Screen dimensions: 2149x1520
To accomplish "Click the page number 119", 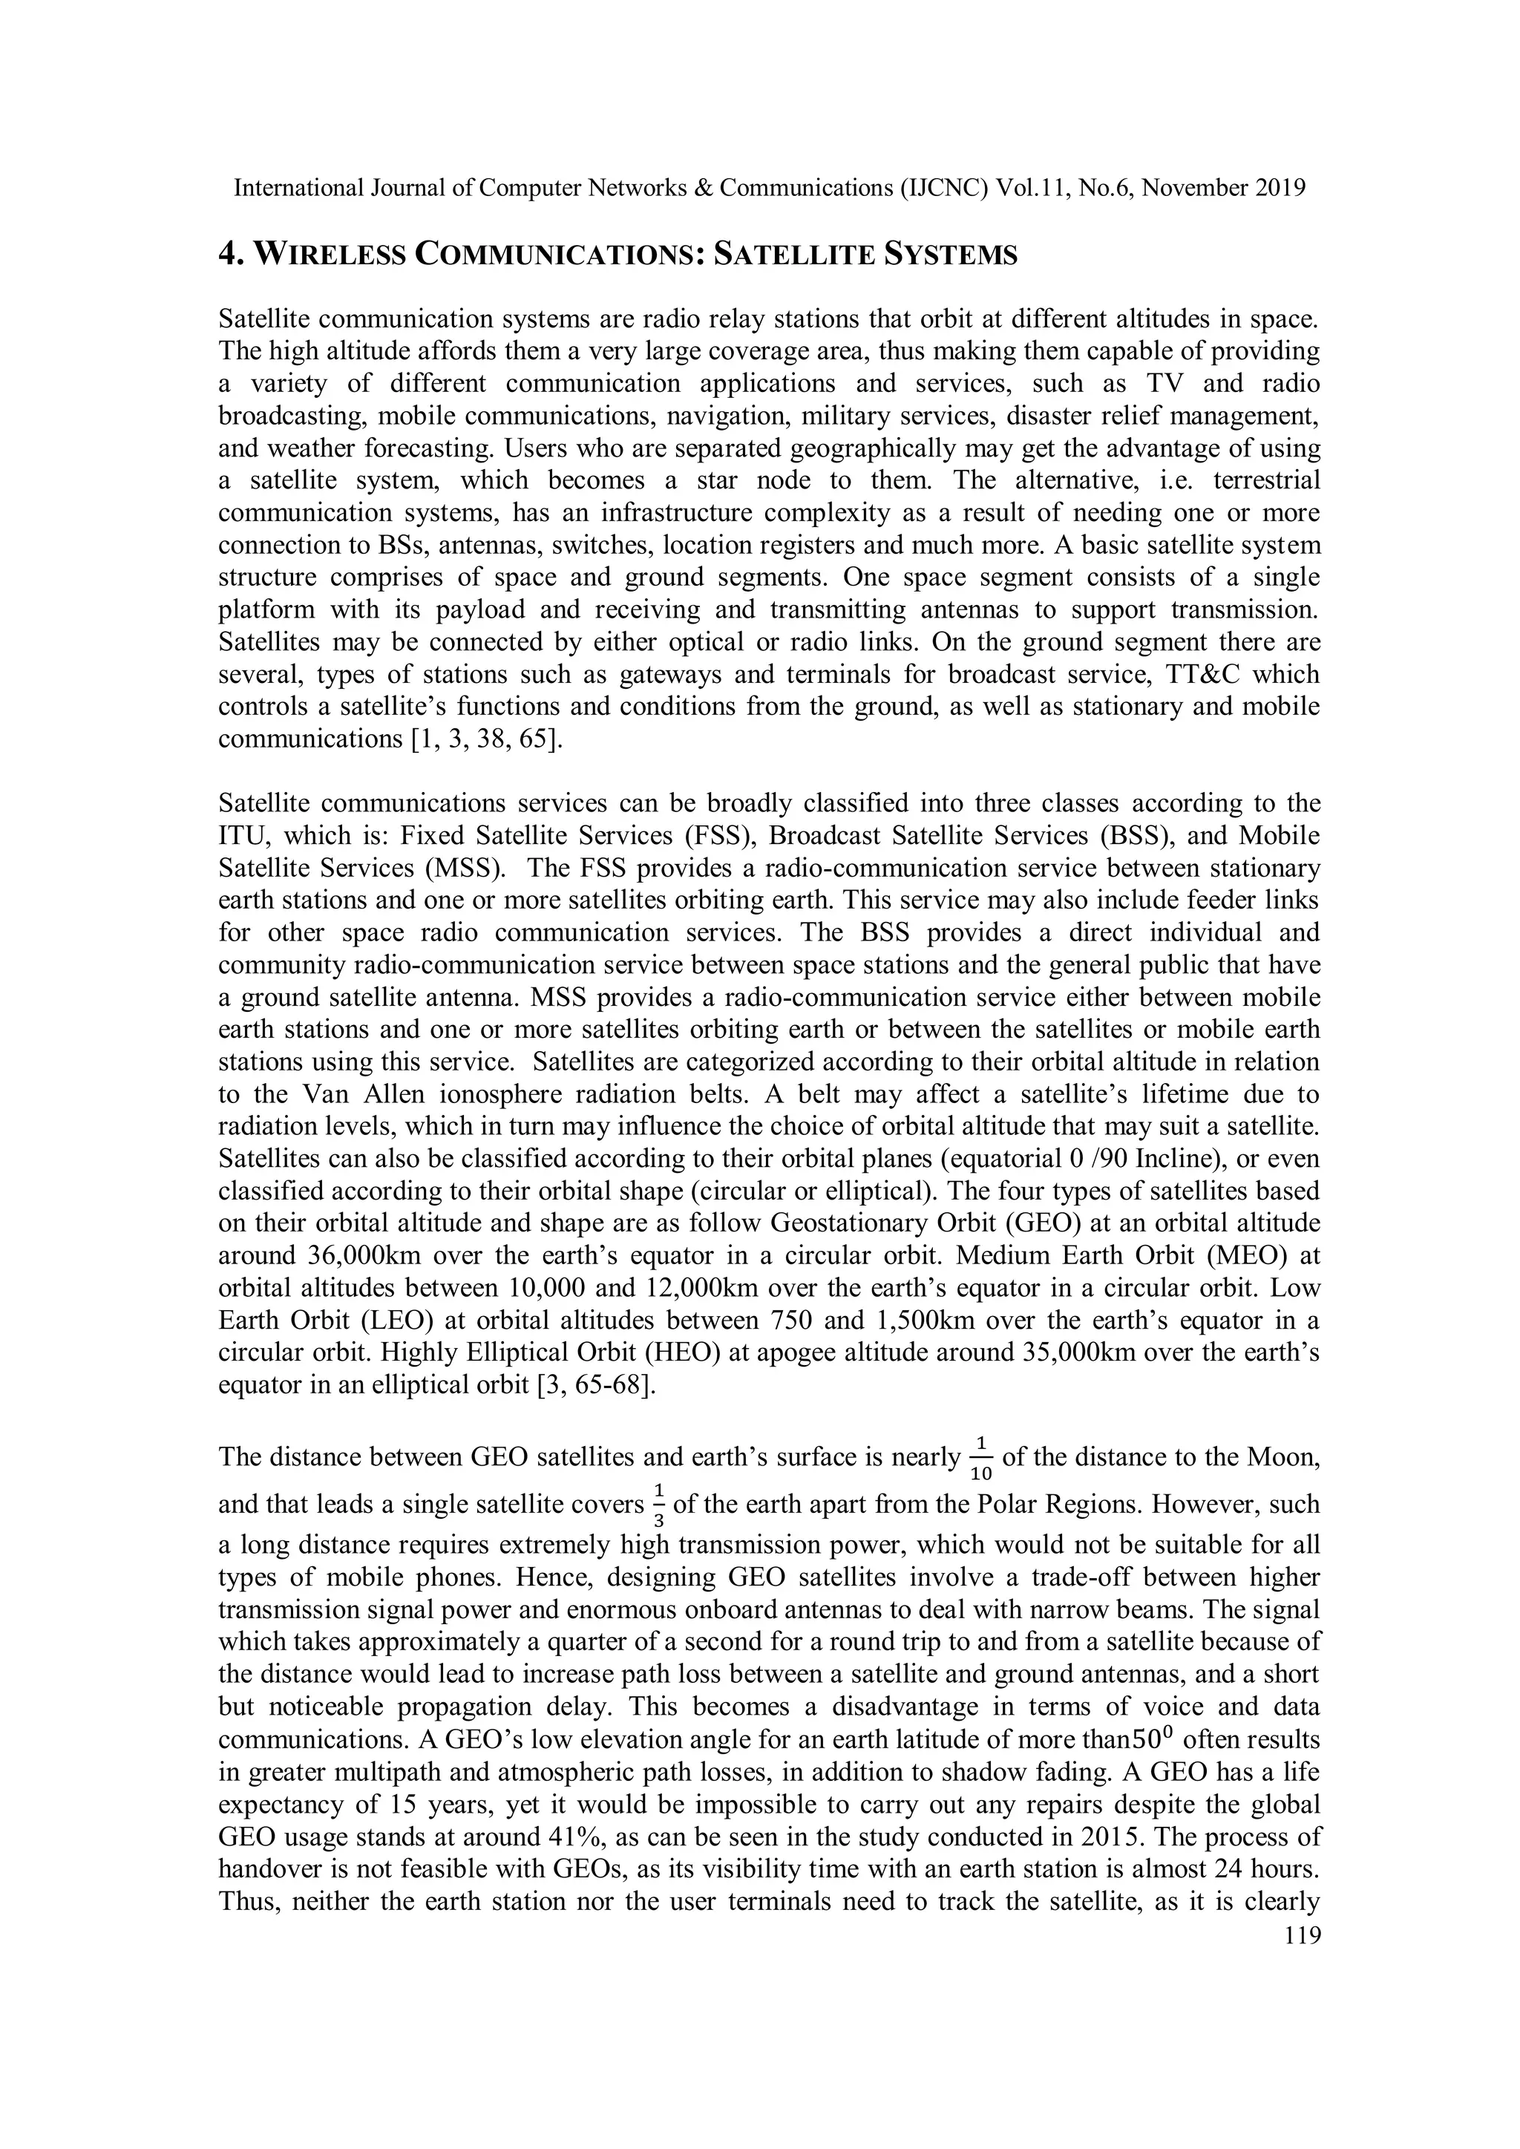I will coord(1302,1936).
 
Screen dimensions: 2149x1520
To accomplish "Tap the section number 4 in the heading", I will coord(226,255).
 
